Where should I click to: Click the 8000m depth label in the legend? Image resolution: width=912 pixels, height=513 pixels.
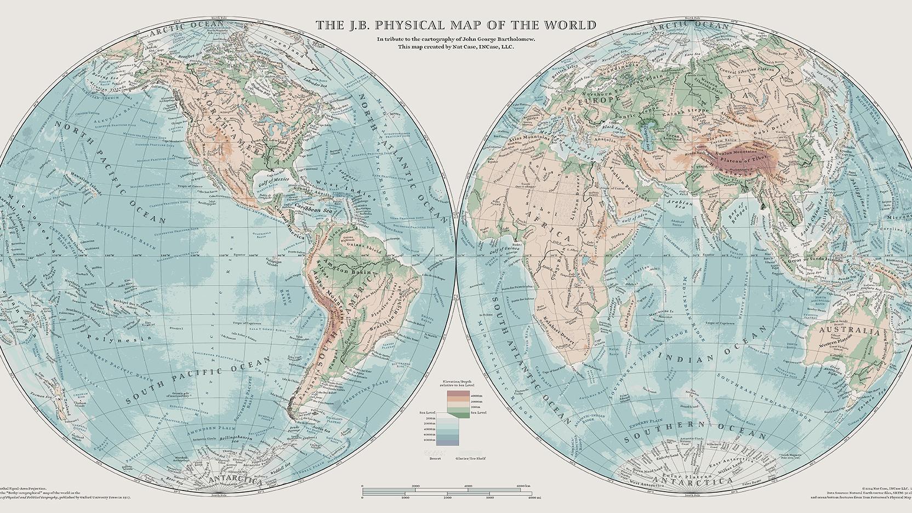click(x=430, y=440)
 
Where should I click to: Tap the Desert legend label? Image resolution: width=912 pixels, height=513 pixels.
click(x=434, y=458)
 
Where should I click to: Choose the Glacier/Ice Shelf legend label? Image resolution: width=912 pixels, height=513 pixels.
click(x=470, y=458)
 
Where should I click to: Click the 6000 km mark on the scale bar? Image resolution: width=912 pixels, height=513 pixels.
click(x=520, y=486)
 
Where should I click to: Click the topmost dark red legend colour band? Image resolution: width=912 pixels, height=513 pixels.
click(x=458, y=394)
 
